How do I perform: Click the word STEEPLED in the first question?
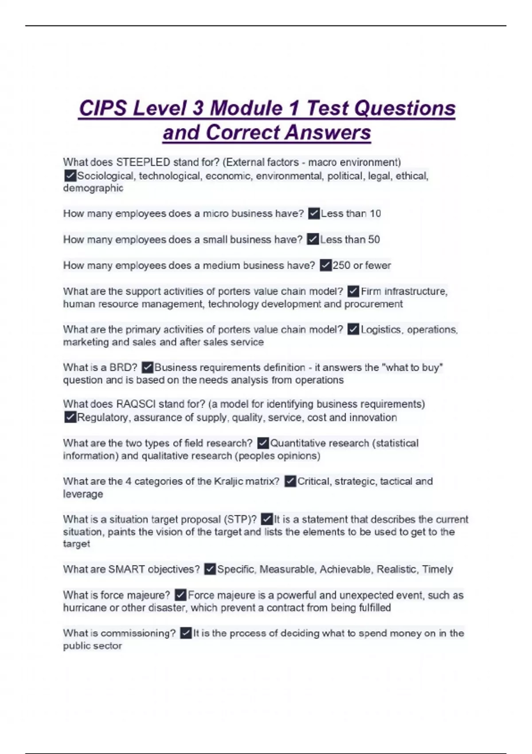(x=143, y=162)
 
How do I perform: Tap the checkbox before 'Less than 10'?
(x=314, y=214)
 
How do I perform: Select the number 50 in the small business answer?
(x=374, y=240)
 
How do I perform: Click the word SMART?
(x=126, y=569)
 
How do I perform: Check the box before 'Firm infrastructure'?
(x=353, y=291)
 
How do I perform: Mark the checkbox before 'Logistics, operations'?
(x=353, y=330)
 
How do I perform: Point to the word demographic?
(x=93, y=188)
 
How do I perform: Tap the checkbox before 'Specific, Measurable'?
(x=210, y=569)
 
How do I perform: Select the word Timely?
(x=437, y=569)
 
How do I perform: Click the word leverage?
(x=83, y=494)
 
